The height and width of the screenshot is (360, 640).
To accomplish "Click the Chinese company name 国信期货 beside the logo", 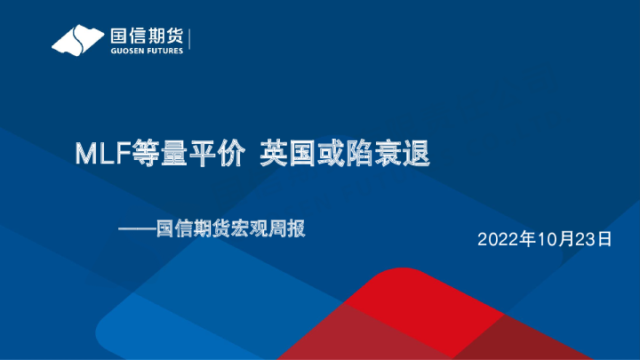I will [x=146, y=35].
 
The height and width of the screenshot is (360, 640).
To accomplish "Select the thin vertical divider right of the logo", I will [x=190, y=40].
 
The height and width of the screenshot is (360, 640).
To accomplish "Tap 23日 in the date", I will [x=596, y=239].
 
